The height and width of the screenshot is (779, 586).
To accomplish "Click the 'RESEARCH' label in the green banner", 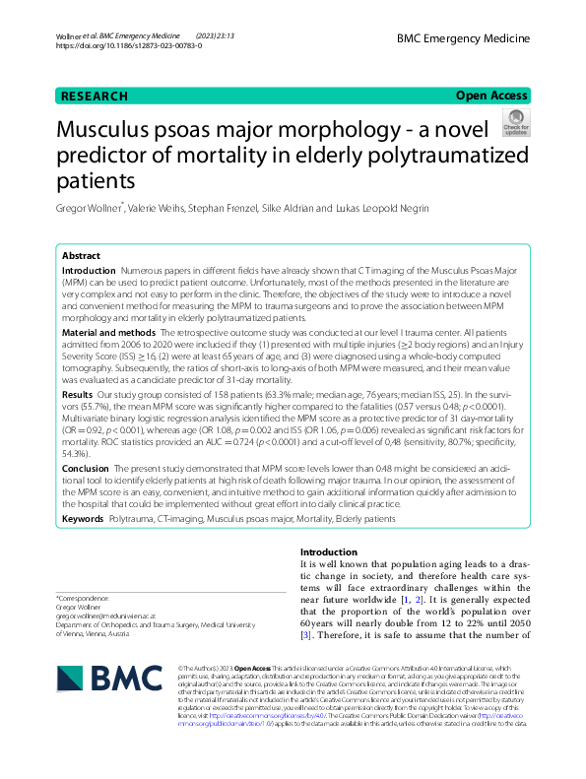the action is tap(95, 96).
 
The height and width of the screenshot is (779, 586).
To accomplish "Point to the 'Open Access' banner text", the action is tap(491, 96).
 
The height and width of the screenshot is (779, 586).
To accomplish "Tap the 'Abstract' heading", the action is tap(82, 255).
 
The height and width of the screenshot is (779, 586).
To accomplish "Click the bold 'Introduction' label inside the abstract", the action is tap(89, 270).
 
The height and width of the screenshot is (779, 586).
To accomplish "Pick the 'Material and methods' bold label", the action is tap(109, 333).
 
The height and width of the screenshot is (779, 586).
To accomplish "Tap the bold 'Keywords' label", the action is tap(83, 517).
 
